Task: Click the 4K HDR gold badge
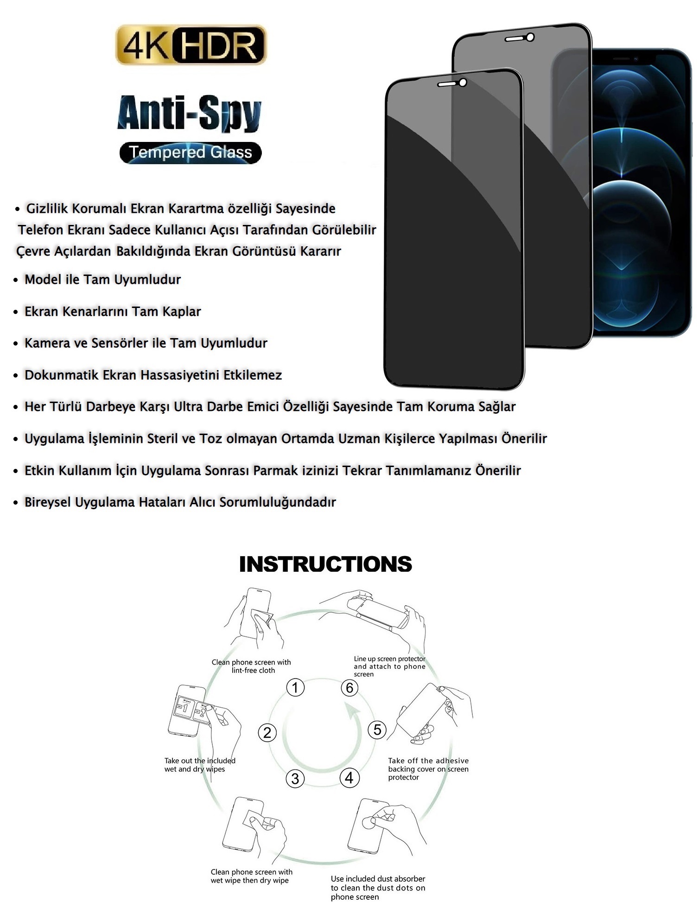[191, 45]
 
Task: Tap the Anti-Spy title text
[189, 113]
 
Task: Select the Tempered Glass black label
[191, 153]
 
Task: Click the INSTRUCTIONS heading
[325, 564]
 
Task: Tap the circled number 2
[267, 733]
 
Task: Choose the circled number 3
[295, 778]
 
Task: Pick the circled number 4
[349, 778]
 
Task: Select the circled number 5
[377, 730]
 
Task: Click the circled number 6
[349, 687]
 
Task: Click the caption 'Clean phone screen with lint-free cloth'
[251, 666]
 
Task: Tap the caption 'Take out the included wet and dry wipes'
[200, 765]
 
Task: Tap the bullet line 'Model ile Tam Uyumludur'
[102, 279]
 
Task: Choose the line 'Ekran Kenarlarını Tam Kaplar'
[113, 311]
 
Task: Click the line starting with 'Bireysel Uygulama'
[180, 502]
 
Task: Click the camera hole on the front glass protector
[463, 83]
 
